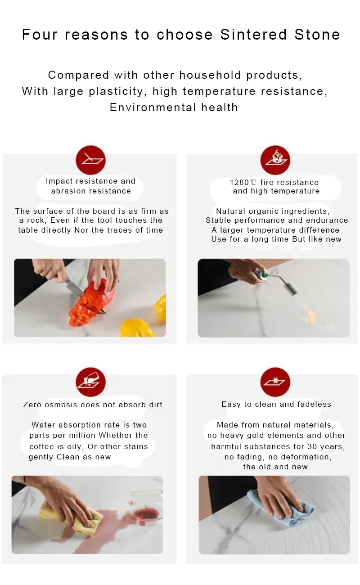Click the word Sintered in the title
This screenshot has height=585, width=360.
(x=253, y=35)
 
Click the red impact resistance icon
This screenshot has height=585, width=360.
(x=90, y=160)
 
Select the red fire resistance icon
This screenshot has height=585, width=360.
(x=275, y=160)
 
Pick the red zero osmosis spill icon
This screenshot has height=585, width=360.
(x=90, y=382)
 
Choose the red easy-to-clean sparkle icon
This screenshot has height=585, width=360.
(x=275, y=382)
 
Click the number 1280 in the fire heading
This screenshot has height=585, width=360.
(x=239, y=182)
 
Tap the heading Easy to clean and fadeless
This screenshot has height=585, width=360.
(x=276, y=405)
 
